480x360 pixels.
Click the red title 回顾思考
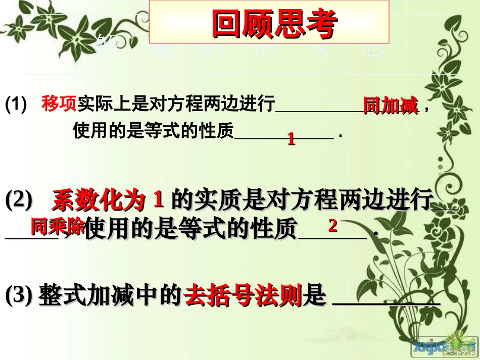(x=273, y=24)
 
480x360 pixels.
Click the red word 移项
(x=59, y=104)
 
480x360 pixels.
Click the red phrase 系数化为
(x=99, y=201)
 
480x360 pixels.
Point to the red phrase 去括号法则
(x=243, y=296)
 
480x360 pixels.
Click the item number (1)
(x=16, y=105)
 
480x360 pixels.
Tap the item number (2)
(x=19, y=201)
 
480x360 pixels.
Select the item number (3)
(x=19, y=296)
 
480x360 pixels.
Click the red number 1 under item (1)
(x=291, y=139)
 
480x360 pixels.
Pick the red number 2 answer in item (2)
(x=332, y=226)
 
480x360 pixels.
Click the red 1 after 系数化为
(x=158, y=200)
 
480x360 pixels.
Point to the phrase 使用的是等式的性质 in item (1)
(x=154, y=131)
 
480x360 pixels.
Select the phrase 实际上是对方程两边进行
(x=176, y=105)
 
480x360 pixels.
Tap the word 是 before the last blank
(x=314, y=296)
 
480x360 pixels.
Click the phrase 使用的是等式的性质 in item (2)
(x=190, y=230)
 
